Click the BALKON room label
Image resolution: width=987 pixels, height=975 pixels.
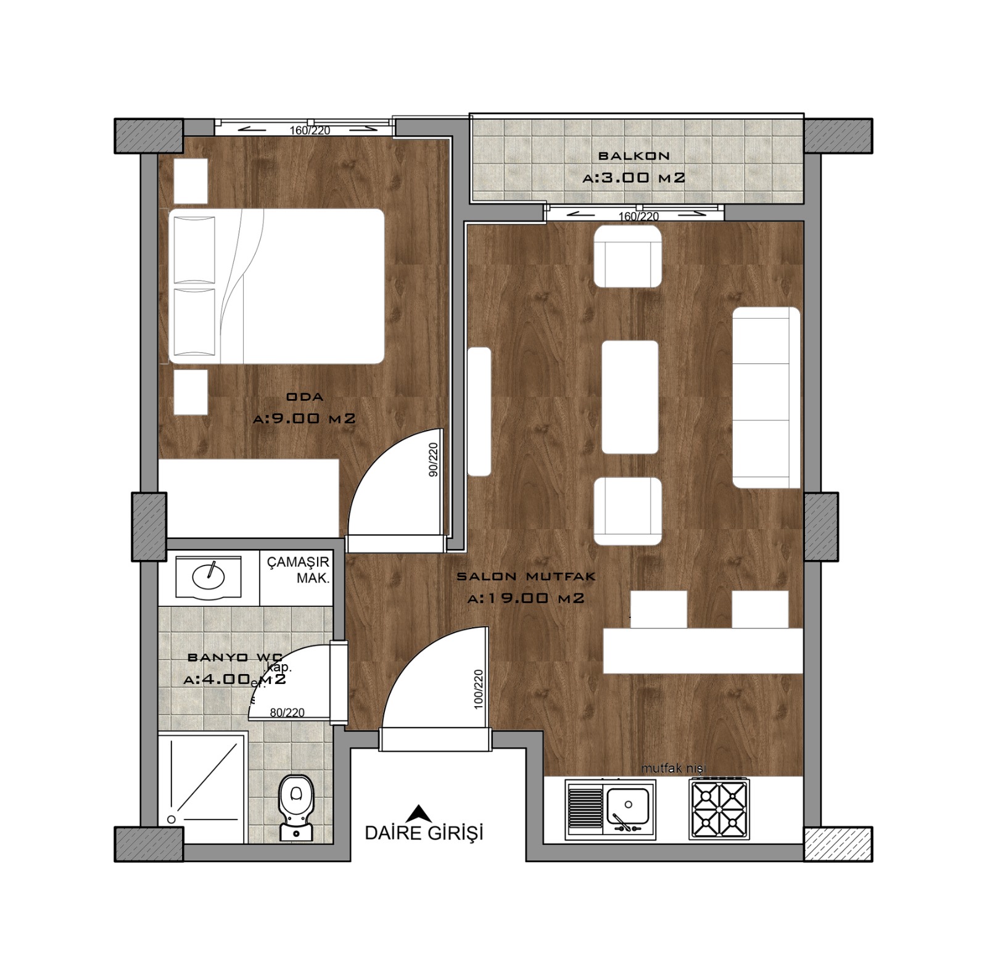point(634,156)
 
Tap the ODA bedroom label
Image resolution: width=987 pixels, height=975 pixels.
point(305,397)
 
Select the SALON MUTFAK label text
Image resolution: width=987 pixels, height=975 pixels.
point(526,577)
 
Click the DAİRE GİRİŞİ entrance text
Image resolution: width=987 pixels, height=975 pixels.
point(424,833)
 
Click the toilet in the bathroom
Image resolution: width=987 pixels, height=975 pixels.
point(296,805)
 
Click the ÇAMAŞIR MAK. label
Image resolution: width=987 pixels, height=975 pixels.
point(298,570)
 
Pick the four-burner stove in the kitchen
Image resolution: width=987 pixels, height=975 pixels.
point(719,808)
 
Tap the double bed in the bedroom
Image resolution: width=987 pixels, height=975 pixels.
point(276,286)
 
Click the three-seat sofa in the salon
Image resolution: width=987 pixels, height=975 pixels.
point(766,397)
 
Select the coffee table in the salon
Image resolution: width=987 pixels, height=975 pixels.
point(629,397)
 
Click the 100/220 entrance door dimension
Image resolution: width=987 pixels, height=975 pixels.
point(478,689)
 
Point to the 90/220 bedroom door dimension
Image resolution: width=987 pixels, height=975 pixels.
point(433,459)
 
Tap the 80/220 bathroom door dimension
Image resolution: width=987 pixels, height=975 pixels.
point(287,712)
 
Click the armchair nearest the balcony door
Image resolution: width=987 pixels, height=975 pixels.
point(627,256)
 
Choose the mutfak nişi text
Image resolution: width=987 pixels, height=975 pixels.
point(673,768)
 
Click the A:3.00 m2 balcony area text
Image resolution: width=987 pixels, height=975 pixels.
point(634,178)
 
